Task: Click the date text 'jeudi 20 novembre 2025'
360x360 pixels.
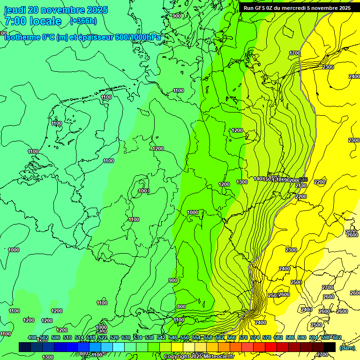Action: pos(56,10)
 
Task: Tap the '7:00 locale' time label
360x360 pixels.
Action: pos(33,21)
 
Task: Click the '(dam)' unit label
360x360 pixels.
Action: pos(347,347)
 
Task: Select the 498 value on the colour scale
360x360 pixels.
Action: pos(32,337)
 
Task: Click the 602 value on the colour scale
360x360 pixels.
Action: pos(337,337)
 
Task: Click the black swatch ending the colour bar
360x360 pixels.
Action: pos(330,347)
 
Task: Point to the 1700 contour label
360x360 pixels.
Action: pos(295,53)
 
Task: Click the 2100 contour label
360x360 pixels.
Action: pos(301,186)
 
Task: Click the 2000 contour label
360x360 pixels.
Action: pos(294,180)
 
